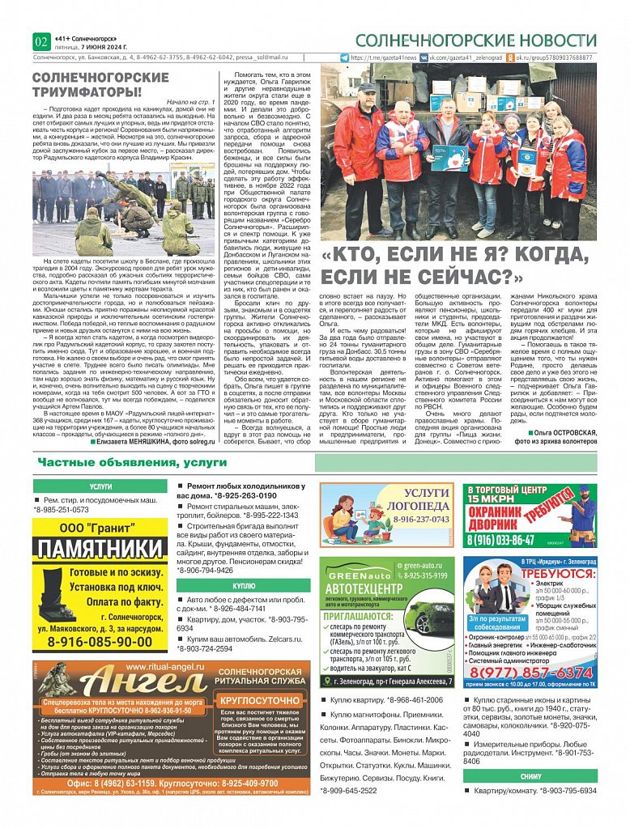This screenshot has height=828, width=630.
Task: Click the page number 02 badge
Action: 41,41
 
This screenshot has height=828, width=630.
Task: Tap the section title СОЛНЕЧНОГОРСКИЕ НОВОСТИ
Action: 475,40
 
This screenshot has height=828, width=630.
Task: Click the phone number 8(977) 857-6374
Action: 530,672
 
